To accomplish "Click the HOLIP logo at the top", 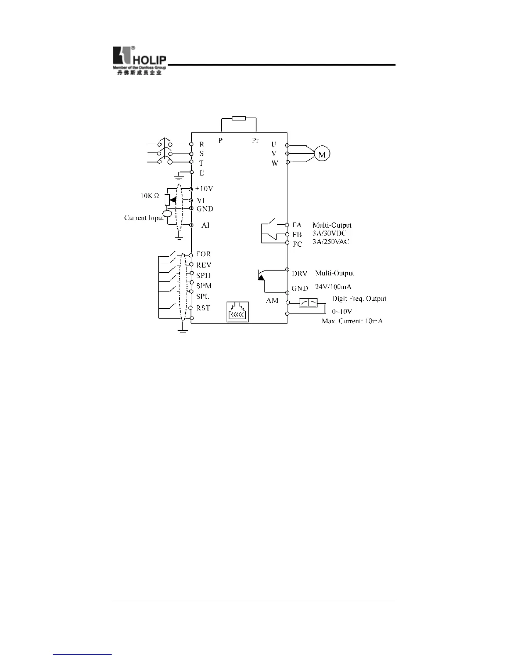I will tap(139, 60).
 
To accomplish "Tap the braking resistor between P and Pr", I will tap(239, 118).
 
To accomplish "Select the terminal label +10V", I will tap(204, 189).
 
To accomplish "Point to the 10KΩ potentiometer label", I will tap(149, 195).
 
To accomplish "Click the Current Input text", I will tap(144, 218).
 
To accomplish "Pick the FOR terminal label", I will tap(203, 254).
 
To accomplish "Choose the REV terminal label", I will tap(204, 265).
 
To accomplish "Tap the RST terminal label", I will tap(203, 308).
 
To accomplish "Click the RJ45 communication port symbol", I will tap(237, 312).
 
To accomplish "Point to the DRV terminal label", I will tap(299, 273).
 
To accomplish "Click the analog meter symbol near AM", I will tap(308, 303).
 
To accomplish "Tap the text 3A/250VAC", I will tap(330, 241).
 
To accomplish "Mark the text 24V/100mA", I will tap(333, 287).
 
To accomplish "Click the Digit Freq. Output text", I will tap(359, 298).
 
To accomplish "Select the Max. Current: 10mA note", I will tap(352, 321).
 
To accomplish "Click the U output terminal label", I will tap(274, 145).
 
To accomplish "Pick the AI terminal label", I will tap(205, 225).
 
